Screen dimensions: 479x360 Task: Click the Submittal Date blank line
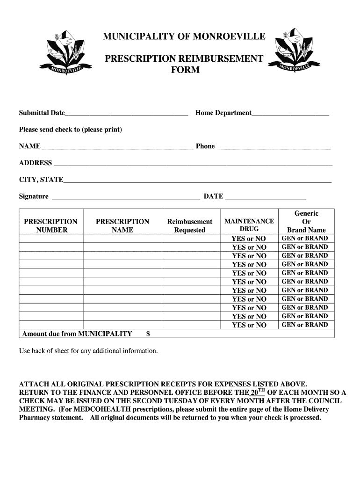click(x=126, y=113)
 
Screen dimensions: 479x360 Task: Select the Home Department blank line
click(x=290, y=113)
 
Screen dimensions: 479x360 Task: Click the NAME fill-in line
click(x=118, y=146)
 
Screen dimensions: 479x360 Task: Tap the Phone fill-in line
click(x=274, y=146)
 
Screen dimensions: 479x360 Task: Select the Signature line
click(x=125, y=197)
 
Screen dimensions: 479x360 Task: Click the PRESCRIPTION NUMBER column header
click(x=50, y=225)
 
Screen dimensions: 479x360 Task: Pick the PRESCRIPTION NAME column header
click(x=122, y=225)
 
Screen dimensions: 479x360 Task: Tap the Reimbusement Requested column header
click(x=190, y=225)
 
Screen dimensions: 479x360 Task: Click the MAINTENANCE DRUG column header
click(x=249, y=225)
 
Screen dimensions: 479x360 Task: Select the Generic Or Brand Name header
click(x=306, y=222)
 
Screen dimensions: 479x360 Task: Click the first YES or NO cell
click(x=249, y=239)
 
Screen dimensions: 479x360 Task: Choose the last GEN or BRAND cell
click(x=305, y=325)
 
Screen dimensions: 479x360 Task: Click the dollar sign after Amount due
click(x=148, y=334)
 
